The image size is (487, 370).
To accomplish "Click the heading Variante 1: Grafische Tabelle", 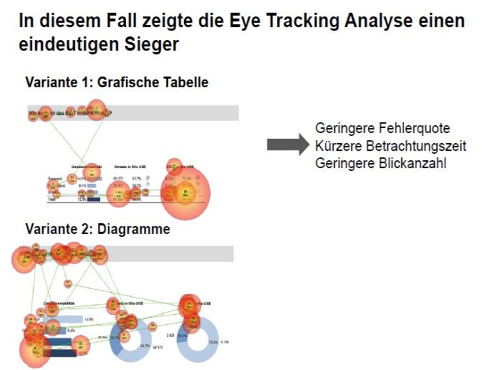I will coord(116,83).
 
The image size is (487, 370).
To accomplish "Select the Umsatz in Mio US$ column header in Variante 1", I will coord(129,168).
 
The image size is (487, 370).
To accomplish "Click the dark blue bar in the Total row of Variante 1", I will coord(93,200).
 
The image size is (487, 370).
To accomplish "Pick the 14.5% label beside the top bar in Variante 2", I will coord(90,319).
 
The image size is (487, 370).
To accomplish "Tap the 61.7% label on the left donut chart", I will coord(145,346).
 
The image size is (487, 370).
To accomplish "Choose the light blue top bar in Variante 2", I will coord(62,319).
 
